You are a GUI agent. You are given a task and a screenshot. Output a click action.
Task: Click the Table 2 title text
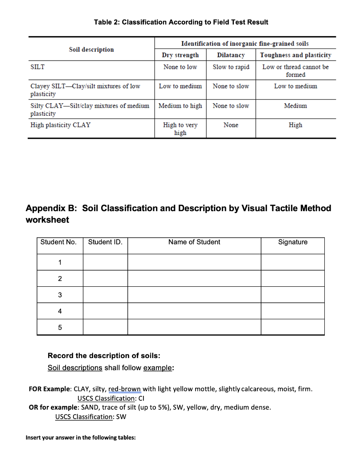pyautogui.click(x=181, y=22)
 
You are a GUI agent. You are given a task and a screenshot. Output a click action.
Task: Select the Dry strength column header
pyautogui.click(x=180, y=55)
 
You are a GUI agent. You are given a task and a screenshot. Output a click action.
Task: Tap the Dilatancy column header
pyautogui.click(x=230, y=55)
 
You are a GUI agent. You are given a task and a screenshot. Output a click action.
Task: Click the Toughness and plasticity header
pyautogui.click(x=295, y=55)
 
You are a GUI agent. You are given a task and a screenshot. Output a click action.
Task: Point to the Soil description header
pyautogui.click(x=91, y=49)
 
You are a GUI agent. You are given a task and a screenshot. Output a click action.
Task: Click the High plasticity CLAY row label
pyautogui.click(x=60, y=125)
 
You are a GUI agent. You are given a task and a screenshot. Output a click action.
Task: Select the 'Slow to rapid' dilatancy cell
pyautogui.click(x=231, y=67)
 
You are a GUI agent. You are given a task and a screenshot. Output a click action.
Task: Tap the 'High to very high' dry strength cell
pyautogui.click(x=180, y=129)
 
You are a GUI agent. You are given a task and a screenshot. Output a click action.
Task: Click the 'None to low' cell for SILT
pyautogui.click(x=180, y=67)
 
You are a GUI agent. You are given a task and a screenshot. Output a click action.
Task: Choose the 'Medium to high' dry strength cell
pyautogui.click(x=180, y=106)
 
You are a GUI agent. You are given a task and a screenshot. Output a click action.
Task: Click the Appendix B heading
pyautogui.click(x=178, y=214)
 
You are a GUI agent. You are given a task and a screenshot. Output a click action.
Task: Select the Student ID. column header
pyautogui.click(x=105, y=242)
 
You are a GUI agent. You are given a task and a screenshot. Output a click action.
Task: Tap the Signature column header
pyautogui.click(x=292, y=242)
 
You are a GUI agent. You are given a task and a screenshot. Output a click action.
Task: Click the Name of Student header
pyautogui.click(x=194, y=242)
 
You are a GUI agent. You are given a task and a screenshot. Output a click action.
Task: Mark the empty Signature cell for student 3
pyautogui.click(x=292, y=295)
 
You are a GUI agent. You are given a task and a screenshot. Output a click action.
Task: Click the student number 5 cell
pyautogui.click(x=60, y=327)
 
